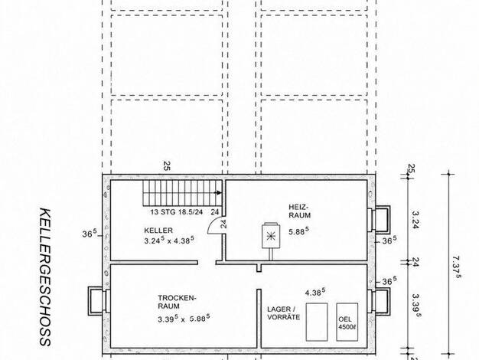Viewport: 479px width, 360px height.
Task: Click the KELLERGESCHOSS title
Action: point(45,277)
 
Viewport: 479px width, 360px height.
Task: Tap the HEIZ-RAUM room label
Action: point(300,211)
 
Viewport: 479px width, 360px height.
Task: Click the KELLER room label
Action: point(158,231)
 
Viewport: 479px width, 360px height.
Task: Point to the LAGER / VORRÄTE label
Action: point(283,313)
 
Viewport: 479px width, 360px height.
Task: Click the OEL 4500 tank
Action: point(347,322)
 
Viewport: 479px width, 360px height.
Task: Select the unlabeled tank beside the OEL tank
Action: point(317,322)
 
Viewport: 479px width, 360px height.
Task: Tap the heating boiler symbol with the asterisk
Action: point(270,235)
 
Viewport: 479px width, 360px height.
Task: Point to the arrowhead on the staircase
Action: point(218,193)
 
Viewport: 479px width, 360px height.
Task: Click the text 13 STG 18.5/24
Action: point(177,212)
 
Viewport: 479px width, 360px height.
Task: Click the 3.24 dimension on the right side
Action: point(415,220)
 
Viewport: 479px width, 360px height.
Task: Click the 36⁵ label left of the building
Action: point(90,234)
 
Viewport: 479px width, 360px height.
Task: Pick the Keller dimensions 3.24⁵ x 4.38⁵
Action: point(169,240)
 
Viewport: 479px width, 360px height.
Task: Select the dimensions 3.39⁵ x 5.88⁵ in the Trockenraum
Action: point(184,319)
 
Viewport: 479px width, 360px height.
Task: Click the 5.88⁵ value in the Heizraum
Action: point(298,231)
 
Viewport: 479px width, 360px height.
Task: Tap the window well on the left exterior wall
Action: point(97,301)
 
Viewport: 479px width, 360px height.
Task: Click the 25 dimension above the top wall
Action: point(167,165)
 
